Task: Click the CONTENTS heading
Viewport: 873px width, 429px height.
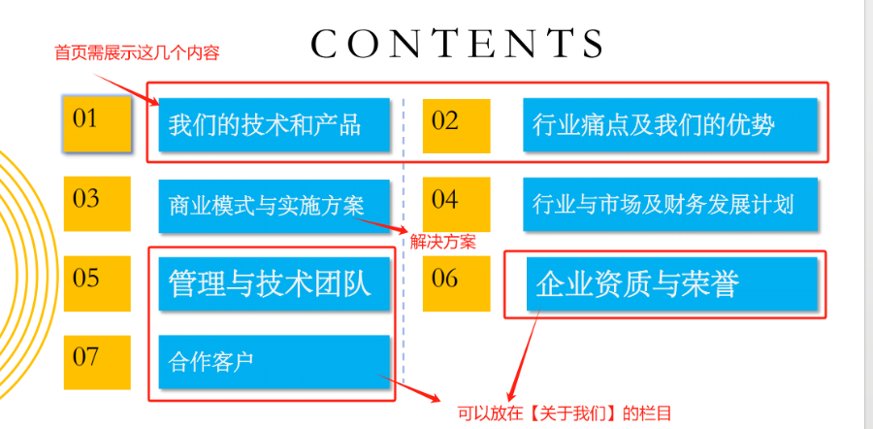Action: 457,44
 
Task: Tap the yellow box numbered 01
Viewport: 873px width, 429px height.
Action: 97,123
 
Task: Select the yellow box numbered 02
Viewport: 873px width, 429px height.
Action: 456,126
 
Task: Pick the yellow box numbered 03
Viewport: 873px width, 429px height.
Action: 97,204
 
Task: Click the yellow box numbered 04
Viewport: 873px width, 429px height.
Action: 456,204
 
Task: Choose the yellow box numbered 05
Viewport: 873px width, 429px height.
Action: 97,283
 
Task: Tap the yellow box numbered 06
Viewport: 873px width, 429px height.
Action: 456,283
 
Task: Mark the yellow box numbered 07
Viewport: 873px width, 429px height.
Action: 97,362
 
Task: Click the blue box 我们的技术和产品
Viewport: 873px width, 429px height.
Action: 274,125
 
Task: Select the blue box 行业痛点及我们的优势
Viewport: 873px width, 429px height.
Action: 670,125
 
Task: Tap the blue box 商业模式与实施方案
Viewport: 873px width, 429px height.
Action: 274,206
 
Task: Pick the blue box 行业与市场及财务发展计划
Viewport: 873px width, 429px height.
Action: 670,204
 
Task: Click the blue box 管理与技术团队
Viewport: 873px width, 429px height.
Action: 274,284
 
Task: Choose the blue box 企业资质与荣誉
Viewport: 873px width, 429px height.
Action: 672,284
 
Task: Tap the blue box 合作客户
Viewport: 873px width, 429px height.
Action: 274,362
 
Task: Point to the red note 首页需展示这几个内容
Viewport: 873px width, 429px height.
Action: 137,53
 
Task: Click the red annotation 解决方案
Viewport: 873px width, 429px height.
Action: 443,242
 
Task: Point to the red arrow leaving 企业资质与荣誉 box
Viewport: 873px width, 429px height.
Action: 525,356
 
